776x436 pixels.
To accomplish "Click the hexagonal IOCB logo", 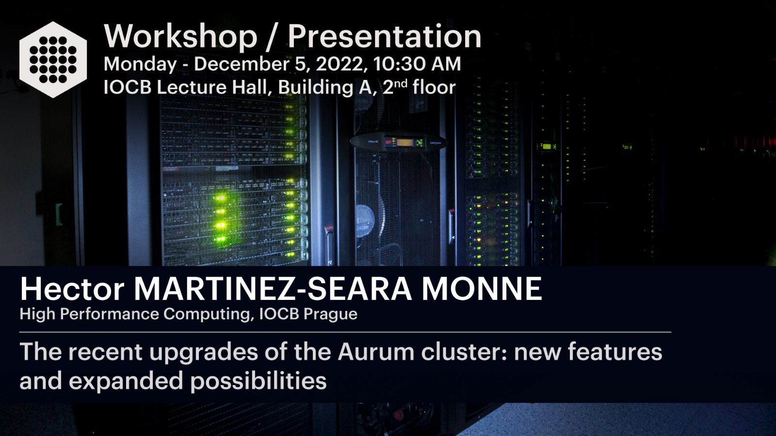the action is click(x=53, y=60).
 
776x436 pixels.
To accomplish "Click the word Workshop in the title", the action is click(x=180, y=36).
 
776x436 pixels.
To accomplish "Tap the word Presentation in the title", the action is click(x=385, y=36).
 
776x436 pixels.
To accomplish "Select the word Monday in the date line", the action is click(x=140, y=64).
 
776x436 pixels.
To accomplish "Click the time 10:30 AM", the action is click(x=417, y=64).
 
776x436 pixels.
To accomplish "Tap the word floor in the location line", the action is click(x=434, y=87).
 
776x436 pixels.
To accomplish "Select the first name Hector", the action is click(x=72, y=289).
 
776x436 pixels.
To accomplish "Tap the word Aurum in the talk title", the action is click(x=376, y=352).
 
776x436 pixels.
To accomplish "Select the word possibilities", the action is click(x=259, y=381).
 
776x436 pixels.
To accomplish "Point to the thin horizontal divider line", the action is click(x=345, y=332).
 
